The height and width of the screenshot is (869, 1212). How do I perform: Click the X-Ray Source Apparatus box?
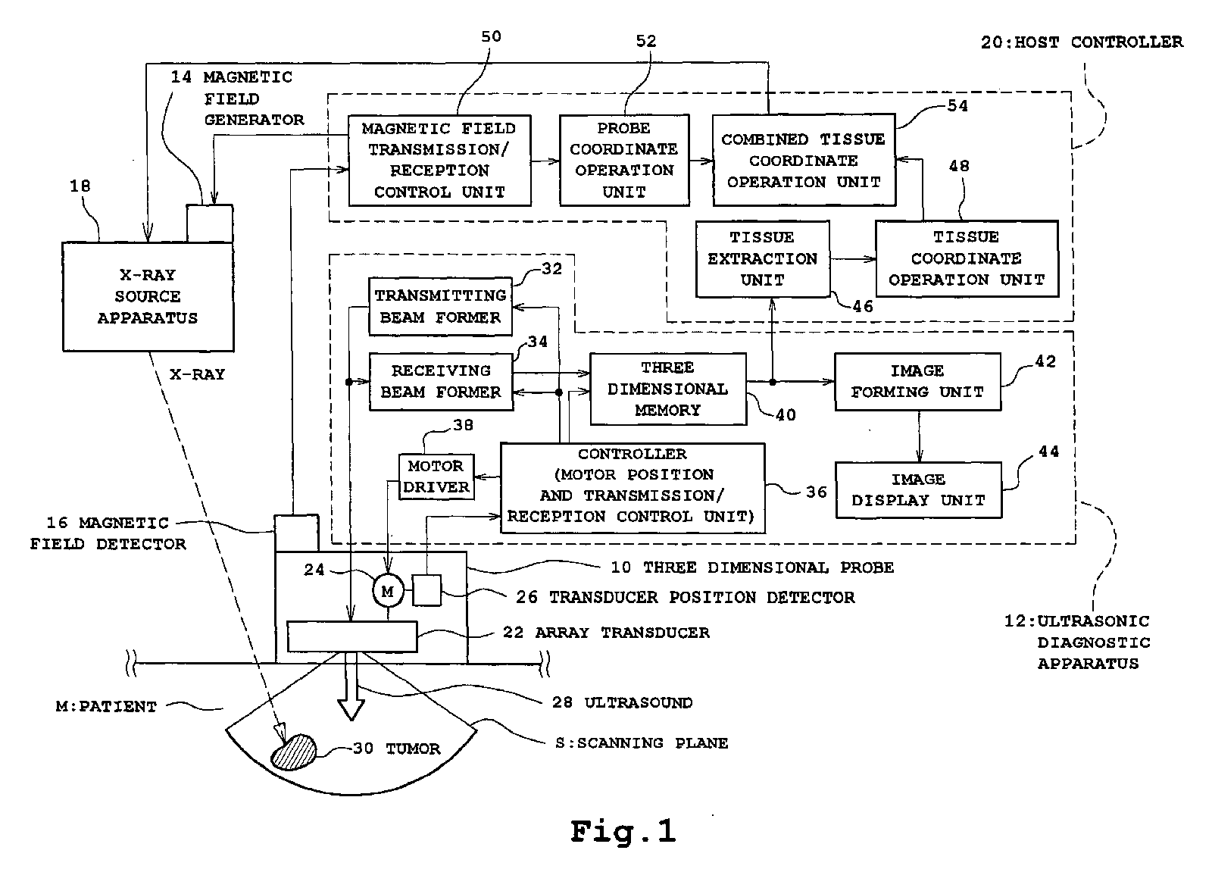(148, 296)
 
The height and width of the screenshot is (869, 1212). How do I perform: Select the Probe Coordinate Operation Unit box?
(624, 160)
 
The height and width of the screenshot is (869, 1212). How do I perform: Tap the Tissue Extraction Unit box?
(762, 258)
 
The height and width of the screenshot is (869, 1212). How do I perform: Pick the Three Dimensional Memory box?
(667, 389)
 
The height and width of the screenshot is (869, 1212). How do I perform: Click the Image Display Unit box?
(918, 490)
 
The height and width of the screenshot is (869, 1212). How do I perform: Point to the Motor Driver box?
(436, 477)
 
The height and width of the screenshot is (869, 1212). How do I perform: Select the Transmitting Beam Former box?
(440, 306)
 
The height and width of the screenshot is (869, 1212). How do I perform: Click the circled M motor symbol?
(388, 591)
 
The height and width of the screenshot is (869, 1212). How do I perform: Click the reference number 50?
(491, 36)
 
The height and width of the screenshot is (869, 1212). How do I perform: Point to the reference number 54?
(957, 106)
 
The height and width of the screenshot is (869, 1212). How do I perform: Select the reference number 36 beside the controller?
(816, 492)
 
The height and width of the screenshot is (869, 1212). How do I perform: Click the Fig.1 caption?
(623, 831)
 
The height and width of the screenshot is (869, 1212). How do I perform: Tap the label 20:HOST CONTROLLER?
(1082, 42)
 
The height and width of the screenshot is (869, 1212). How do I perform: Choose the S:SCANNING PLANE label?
(642, 743)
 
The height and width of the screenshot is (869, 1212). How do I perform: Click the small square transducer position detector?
(426, 590)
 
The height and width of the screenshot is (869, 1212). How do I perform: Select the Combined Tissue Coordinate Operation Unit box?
(804, 161)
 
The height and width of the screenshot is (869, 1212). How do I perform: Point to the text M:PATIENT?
(106, 707)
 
